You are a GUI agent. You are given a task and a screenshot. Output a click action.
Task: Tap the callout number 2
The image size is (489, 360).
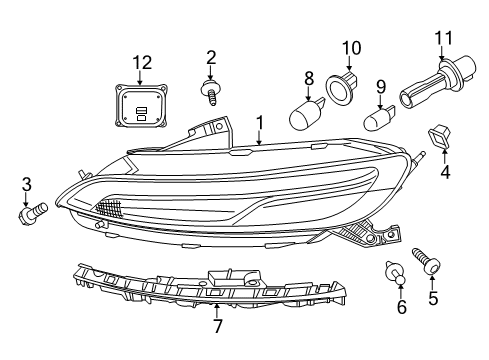(x=211, y=56)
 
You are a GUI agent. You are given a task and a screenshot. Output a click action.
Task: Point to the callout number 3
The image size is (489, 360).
(x=27, y=183)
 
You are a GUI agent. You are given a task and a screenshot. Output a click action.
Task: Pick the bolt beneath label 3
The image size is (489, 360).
(x=35, y=213)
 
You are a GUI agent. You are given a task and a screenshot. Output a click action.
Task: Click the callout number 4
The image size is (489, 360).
(x=446, y=171)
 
